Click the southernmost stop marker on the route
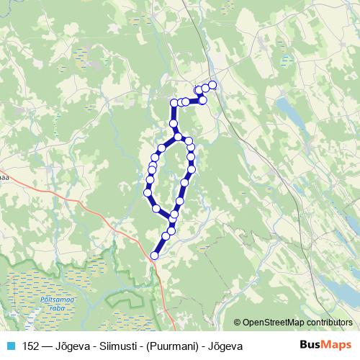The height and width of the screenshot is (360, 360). [154, 255]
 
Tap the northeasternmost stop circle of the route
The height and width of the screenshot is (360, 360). [212, 85]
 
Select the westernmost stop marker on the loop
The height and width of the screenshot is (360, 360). [148, 193]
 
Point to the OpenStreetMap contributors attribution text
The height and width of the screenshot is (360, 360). [297, 323]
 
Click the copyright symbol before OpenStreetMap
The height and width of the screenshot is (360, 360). [238, 323]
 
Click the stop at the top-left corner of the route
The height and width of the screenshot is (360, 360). [174, 103]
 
